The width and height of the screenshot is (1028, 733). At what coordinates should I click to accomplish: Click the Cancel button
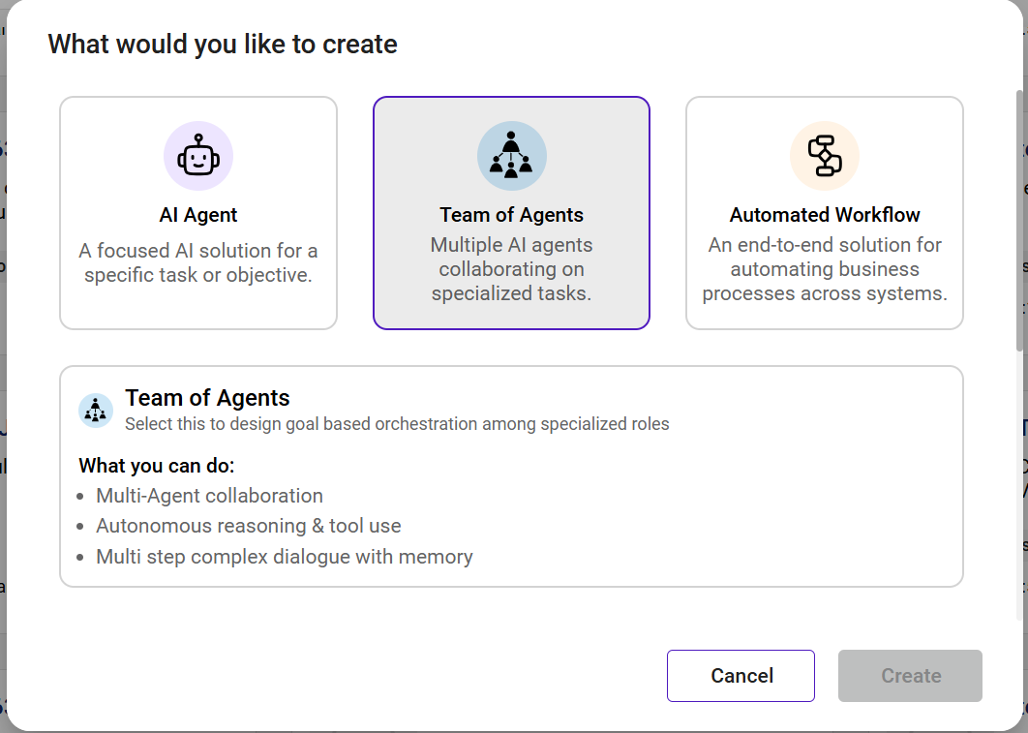741,676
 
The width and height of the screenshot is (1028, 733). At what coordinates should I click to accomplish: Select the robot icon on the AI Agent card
198,155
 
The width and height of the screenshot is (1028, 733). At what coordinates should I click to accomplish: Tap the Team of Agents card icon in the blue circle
511,155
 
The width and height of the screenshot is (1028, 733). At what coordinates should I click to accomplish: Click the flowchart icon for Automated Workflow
825,155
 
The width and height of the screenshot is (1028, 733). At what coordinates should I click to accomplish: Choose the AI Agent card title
198,215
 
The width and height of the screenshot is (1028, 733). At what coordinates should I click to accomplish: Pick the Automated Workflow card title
825,215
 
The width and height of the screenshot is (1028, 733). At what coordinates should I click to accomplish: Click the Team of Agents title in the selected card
511,215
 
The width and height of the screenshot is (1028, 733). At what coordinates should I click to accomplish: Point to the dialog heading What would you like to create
223,45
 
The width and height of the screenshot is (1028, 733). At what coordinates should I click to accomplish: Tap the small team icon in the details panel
96,411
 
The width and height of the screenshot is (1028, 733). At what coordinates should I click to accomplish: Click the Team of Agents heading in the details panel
207,398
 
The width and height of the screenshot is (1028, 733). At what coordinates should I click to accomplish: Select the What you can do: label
157,466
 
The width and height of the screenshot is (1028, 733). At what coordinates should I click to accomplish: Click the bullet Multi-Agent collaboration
209,496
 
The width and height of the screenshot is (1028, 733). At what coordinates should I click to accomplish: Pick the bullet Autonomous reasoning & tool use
248,526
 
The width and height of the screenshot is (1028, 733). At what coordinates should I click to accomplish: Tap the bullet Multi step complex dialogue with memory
285,557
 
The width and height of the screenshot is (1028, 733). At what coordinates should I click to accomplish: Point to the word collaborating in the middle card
511,269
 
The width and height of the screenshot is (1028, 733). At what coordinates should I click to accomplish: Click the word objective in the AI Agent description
272,275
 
